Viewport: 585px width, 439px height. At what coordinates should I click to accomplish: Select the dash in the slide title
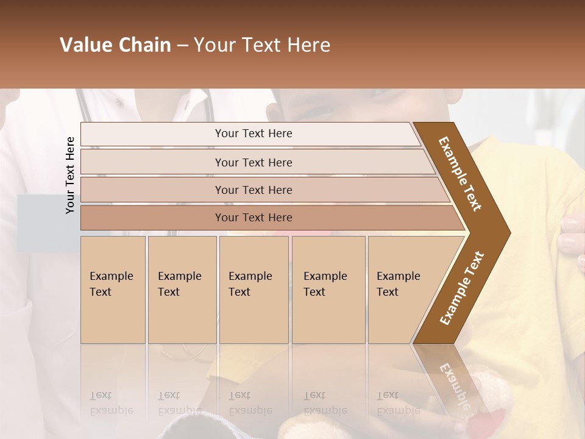(x=182, y=46)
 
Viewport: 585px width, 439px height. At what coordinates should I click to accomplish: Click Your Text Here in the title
(x=262, y=45)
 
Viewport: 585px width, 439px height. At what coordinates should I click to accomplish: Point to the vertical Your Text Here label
(x=70, y=175)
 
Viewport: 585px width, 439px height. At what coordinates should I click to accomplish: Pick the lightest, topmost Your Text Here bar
(x=253, y=134)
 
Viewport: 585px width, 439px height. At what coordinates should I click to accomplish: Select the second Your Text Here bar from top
(x=253, y=162)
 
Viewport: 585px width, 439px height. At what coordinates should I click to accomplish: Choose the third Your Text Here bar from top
(x=253, y=190)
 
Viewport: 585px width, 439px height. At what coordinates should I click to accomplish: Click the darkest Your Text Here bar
(x=253, y=218)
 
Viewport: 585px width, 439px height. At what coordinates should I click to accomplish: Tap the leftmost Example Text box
(x=113, y=290)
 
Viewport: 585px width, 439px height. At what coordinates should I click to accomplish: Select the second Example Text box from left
(x=182, y=290)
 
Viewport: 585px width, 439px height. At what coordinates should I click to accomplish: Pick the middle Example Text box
(x=253, y=290)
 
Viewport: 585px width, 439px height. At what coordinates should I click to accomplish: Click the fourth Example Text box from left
(x=328, y=290)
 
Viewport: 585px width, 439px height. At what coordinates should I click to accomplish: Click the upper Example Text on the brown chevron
(x=460, y=174)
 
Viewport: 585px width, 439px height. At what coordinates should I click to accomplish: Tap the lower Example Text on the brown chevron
(x=462, y=288)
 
